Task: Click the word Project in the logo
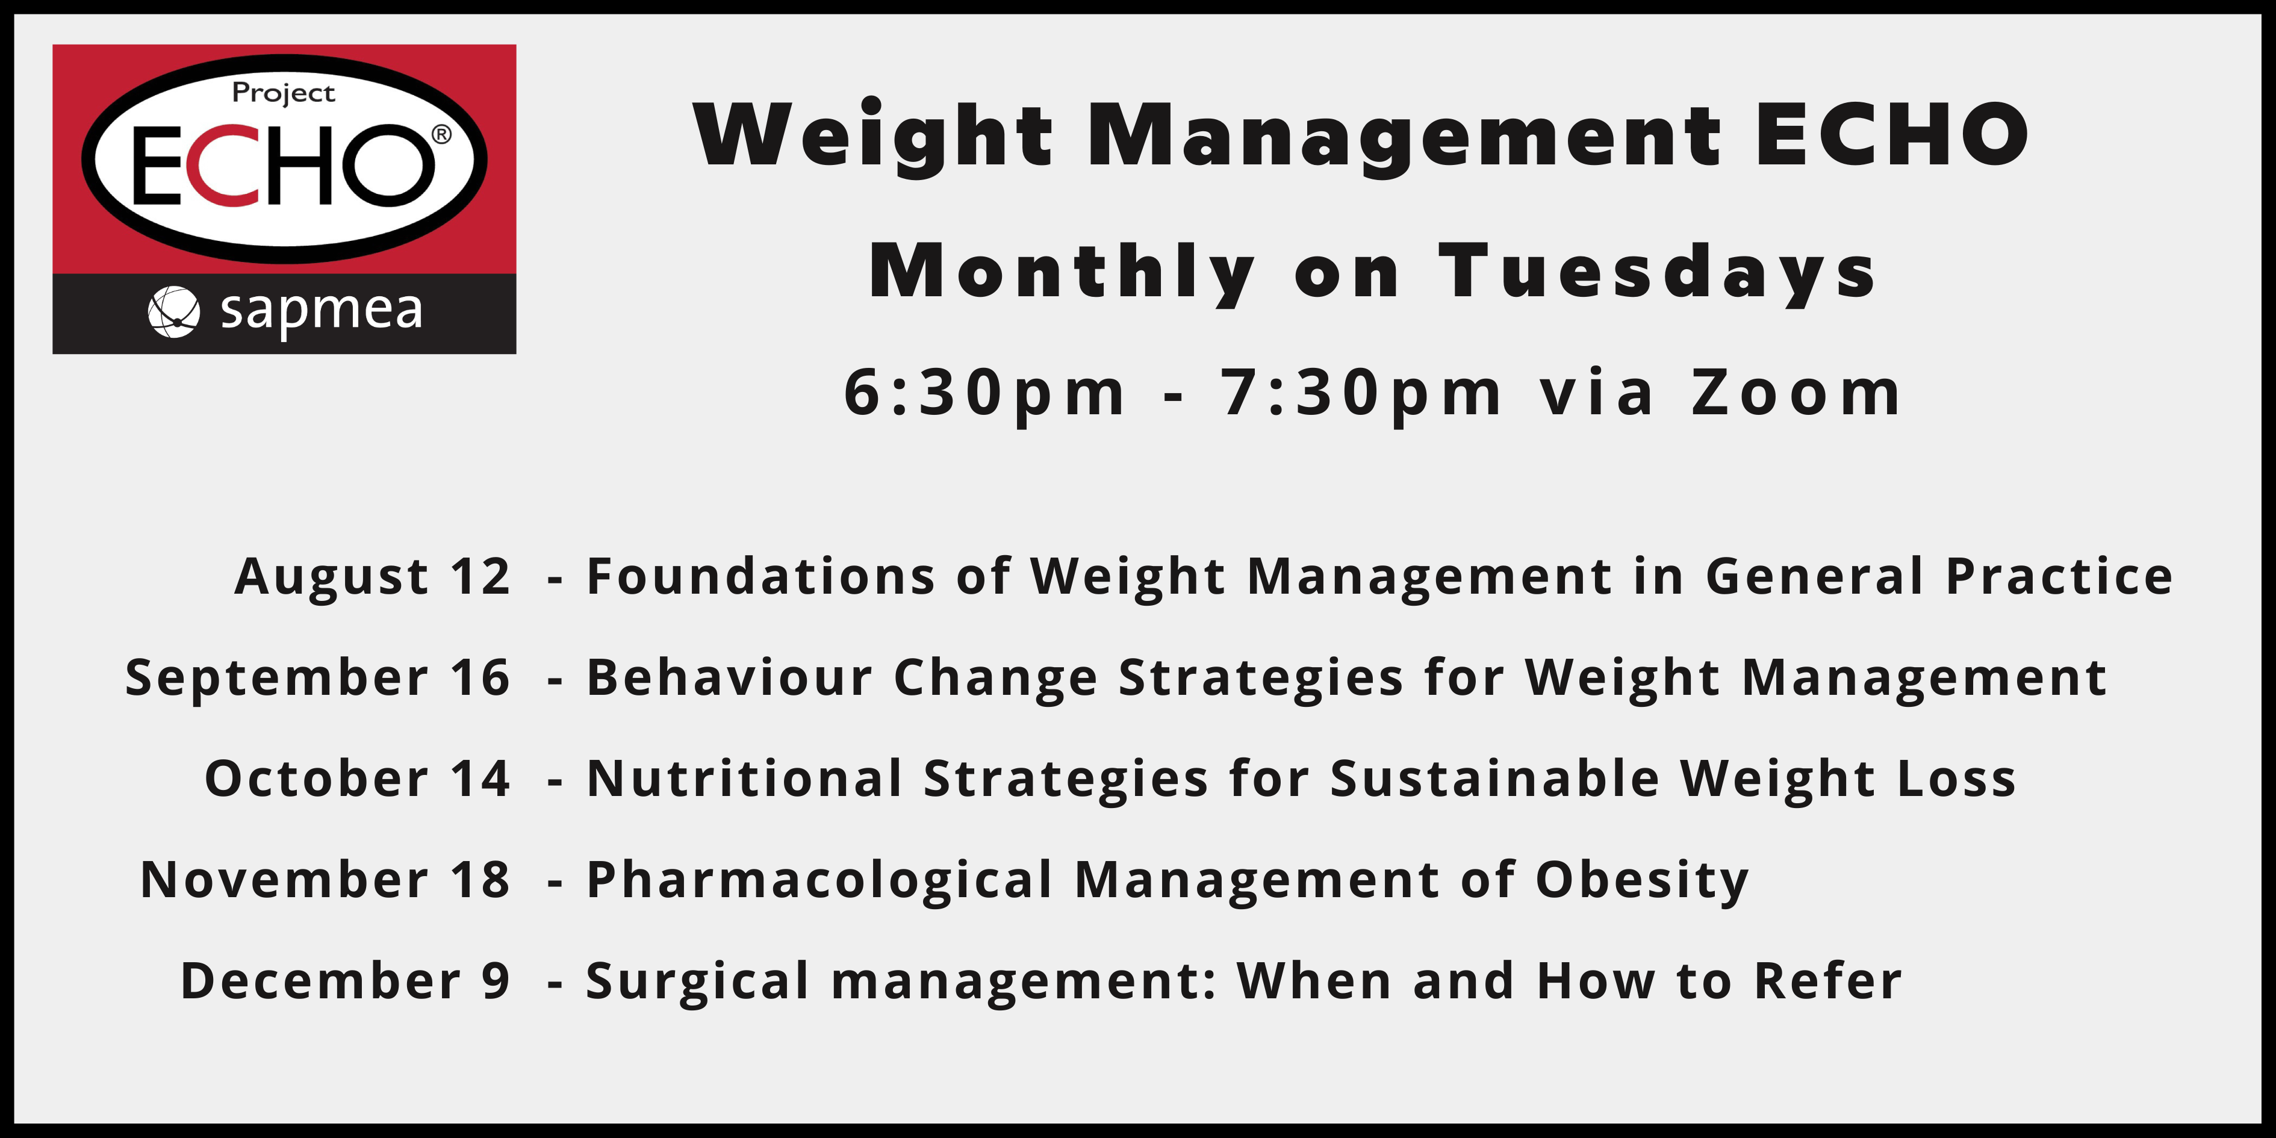point(283,93)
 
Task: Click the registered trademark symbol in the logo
point(441,134)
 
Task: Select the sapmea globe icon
point(173,312)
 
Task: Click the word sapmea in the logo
point(322,311)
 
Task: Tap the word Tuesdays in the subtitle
point(1656,272)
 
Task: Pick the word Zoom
point(1796,393)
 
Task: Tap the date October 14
point(357,779)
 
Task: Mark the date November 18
point(325,881)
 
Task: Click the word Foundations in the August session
point(760,577)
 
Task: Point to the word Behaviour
point(730,677)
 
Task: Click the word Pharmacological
point(820,881)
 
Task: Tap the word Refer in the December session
point(1828,981)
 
